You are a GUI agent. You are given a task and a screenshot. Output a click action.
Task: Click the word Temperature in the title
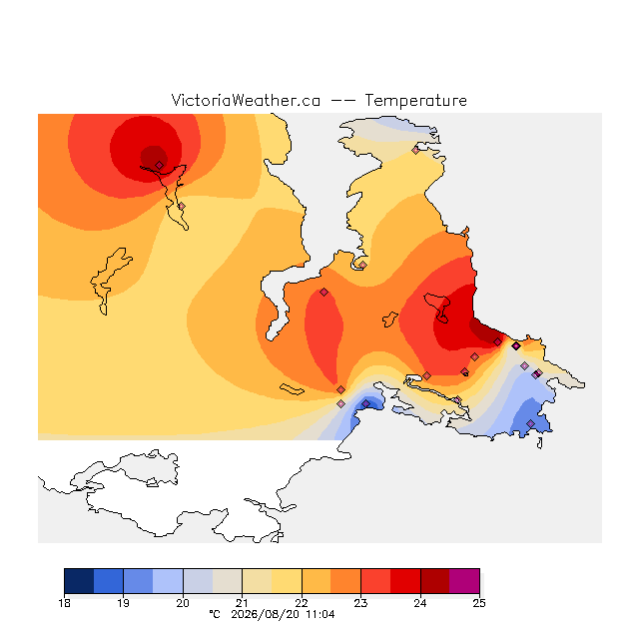415,100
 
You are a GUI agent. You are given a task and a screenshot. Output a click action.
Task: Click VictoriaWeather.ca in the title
246,100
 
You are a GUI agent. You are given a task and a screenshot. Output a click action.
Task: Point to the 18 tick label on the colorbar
64,603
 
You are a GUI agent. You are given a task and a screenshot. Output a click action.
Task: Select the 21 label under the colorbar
242,603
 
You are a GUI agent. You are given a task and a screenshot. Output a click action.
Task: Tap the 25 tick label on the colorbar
479,603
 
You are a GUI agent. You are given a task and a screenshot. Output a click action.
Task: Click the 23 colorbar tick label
360,603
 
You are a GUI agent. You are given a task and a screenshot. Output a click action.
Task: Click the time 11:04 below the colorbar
320,614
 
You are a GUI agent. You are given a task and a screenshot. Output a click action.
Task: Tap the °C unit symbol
215,614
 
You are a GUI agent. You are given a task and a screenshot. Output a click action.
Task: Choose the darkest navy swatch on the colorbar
79,581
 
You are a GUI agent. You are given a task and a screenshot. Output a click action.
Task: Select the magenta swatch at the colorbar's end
464,581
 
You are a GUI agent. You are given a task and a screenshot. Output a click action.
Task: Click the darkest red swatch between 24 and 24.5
435,581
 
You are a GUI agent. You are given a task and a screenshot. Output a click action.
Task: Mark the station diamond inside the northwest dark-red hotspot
160,165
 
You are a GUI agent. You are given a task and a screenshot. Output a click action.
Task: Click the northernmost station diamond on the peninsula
415,151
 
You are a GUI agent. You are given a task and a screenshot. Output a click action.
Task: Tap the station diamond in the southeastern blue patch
530,423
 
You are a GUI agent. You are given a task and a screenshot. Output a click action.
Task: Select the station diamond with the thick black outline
516,345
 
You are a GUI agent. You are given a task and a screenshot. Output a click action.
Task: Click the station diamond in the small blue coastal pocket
366,403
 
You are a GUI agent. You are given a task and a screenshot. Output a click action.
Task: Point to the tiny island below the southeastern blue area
540,443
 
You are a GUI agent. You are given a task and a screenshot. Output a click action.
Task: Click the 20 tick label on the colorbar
183,603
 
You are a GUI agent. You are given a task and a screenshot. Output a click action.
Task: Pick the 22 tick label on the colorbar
302,603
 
